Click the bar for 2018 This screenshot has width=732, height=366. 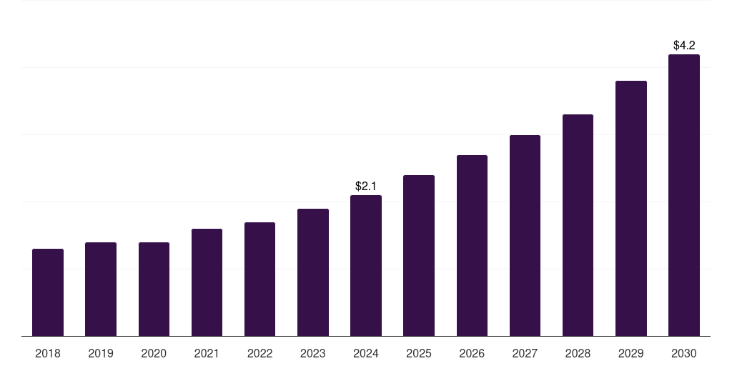click(48, 292)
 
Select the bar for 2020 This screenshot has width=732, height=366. click(154, 290)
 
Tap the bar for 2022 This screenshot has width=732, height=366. click(259, 280)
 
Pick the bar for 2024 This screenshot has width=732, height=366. click(366, 266)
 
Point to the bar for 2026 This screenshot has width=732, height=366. click(472, 246)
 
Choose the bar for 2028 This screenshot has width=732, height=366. click(578, 225)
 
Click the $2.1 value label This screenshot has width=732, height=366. click(366, 186)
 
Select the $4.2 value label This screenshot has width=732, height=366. click(684, 45)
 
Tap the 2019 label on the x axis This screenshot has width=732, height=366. click(101, 353)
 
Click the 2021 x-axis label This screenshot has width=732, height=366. click(207, 353)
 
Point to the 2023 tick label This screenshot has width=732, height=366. click(313, 353)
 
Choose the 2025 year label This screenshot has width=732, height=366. click(419, 353)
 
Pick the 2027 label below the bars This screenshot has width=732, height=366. click(525, 353)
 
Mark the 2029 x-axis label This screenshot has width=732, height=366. click(631, 353)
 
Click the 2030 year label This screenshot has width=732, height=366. click(684, 353)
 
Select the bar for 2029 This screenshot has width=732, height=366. click(631, 209)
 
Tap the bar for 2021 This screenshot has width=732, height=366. click(207, 282)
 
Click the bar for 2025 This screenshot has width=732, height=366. click(419, 256)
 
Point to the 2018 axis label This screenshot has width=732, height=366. click(48, 353)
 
